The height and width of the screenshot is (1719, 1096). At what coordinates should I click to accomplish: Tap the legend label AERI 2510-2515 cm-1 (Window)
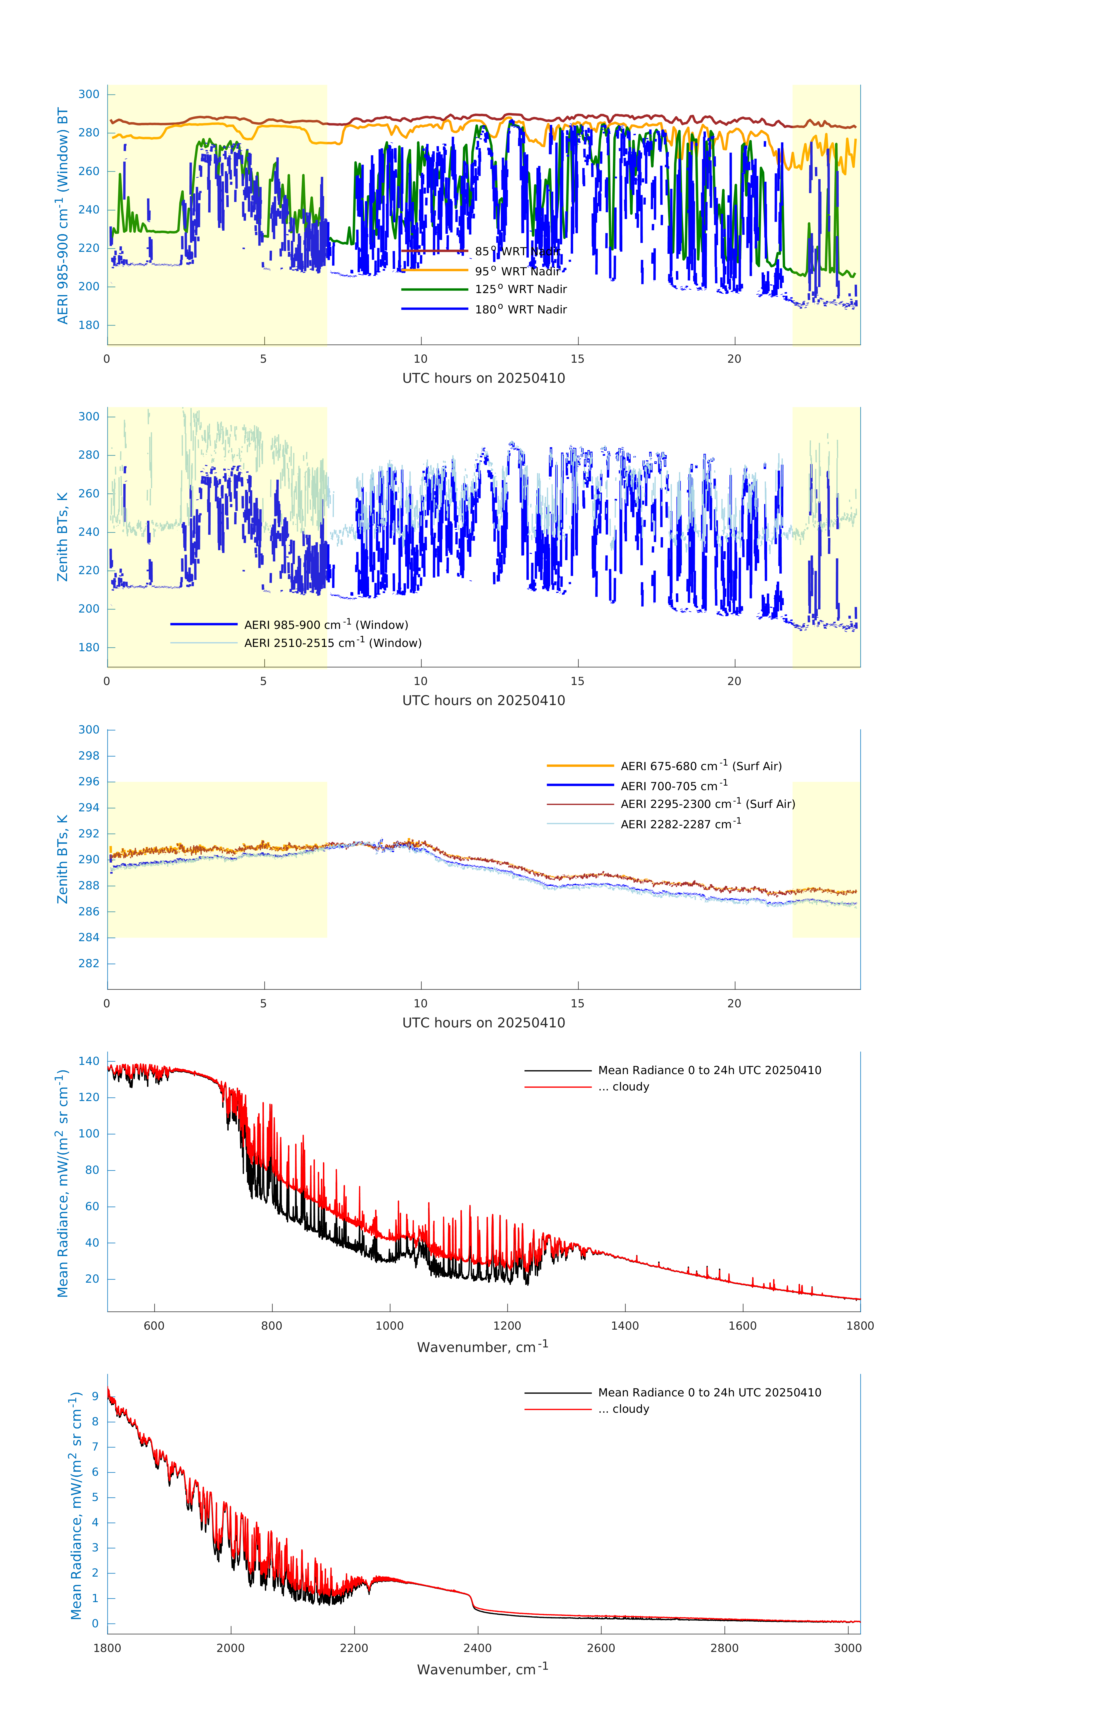pyautogui.click(x=333, y=643)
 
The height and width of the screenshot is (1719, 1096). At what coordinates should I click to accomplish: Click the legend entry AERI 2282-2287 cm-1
pyautogui.click(x=681, y=824)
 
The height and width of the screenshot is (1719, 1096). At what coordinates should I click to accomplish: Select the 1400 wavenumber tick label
pyautogui.click(x=625, y=1326)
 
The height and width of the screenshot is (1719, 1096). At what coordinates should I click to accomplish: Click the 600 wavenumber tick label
pyautogui.click(x=154, y=1326)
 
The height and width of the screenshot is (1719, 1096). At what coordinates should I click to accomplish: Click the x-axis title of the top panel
pyautogui.click(x=483, y=378)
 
